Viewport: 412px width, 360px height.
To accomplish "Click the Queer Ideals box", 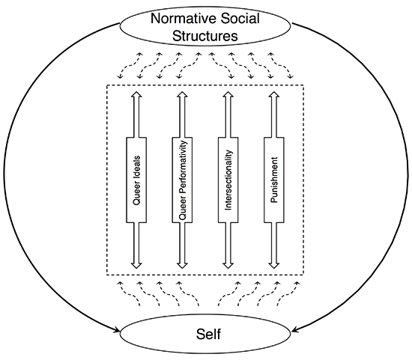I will [136, 180].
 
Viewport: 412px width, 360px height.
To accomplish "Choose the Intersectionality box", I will [229, 180].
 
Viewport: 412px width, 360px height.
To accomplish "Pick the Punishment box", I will [273, 180].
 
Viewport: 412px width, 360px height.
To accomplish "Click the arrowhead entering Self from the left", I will [120, 329].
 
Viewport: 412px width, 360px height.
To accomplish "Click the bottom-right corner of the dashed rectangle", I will [303, 274].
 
